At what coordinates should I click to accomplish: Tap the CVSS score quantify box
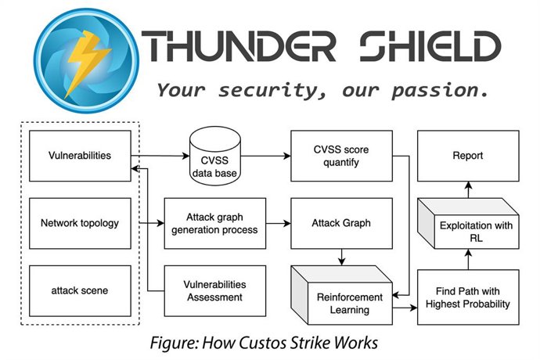coord(340,156)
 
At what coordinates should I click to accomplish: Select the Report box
coord(467,156)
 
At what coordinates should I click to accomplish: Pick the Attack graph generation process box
coord(211,223)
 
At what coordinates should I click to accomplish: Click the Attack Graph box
coord(340,223)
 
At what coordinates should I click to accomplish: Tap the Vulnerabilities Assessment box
coord(211,290)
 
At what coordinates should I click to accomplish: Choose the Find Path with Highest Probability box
coord(467,293)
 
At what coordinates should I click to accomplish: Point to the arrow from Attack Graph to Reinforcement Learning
coord(340,256)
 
